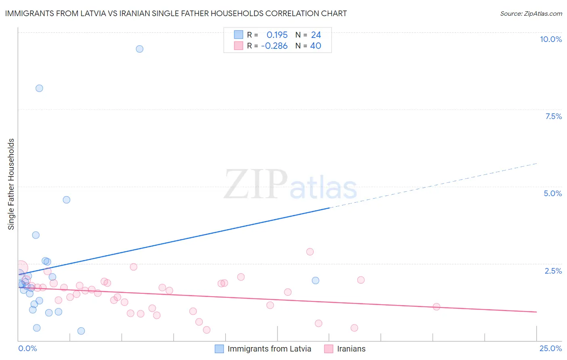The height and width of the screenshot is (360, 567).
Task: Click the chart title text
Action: [x=176, y=13]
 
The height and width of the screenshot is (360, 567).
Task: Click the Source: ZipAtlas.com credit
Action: [x=531, y=13]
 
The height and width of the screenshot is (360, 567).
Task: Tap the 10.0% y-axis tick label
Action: [x=550, y=39]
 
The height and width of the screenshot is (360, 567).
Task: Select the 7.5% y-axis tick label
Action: [x=553, y=116]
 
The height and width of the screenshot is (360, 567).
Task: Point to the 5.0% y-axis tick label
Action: [x=552, y=193]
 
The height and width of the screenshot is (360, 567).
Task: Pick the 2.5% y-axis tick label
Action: [x=553, y=271]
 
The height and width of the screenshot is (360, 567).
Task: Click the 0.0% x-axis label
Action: [x=27, y=348]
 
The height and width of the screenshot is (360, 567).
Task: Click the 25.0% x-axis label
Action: [x=550, y=348]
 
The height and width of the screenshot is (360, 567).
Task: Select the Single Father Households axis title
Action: [x=11, y=184]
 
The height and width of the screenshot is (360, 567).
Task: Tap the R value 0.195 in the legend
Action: [x=277, y=35]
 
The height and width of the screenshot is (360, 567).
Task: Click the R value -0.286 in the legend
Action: [x=274, y=46]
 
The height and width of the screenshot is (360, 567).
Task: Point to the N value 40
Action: [x=315, y=46]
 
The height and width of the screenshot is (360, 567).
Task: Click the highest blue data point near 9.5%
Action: [x=140, y=49]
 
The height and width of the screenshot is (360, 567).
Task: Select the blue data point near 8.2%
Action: [x=39, y=88]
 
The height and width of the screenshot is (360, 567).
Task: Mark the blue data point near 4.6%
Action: [x=67, y=200]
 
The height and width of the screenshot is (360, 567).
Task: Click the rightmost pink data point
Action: [x=436, y=307]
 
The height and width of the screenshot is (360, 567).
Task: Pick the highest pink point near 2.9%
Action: [x=310, y=252]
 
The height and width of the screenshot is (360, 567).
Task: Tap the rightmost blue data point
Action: [x=315, y=280]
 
